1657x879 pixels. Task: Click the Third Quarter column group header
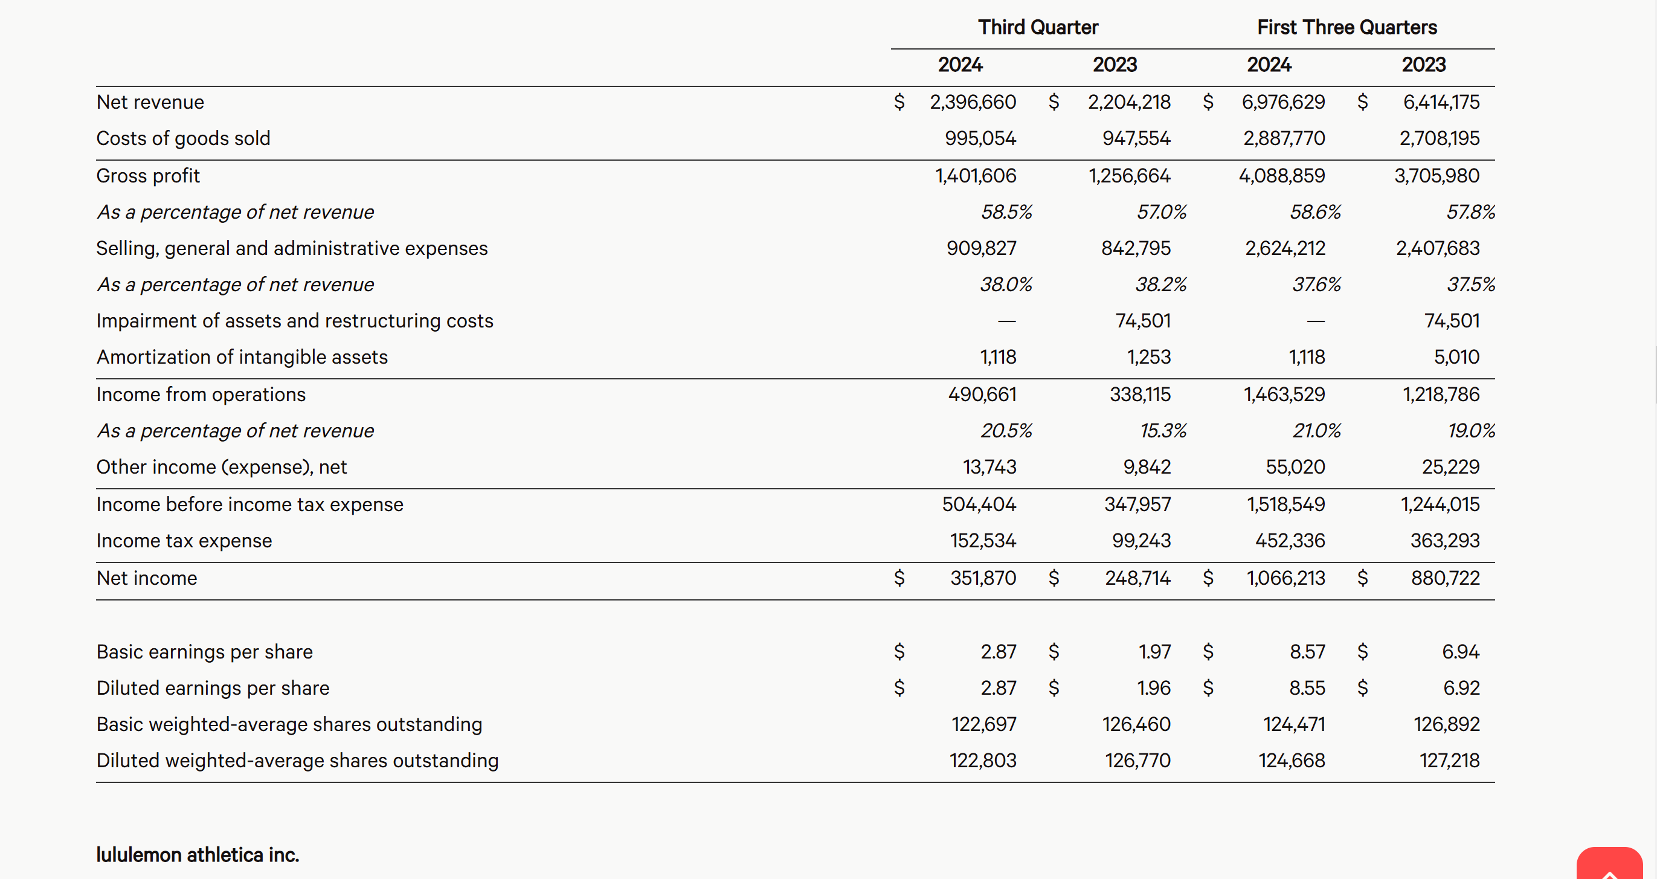[1038, 27]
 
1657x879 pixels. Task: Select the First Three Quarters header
[1347, 27]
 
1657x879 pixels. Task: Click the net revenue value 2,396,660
[973, 101]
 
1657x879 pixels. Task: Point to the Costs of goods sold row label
[183, 138]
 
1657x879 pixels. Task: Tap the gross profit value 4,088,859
[1282, 176]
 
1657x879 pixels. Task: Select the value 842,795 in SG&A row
[1136, 248]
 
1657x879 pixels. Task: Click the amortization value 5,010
[1456, 357]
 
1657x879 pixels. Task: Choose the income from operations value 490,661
[982, 394]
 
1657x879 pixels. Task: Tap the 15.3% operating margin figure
[1163, 431]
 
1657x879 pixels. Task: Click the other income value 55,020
[1296, 466]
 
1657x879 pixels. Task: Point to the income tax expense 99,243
[1142, 541]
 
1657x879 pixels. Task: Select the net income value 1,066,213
[1286, 578]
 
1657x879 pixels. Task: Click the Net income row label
[147, 578]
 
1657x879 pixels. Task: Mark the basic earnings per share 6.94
[1461, 652]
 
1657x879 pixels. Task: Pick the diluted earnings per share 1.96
[1154, 688]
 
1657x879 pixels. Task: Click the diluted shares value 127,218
[1450, 761]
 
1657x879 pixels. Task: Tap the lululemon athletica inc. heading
[198, 855]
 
